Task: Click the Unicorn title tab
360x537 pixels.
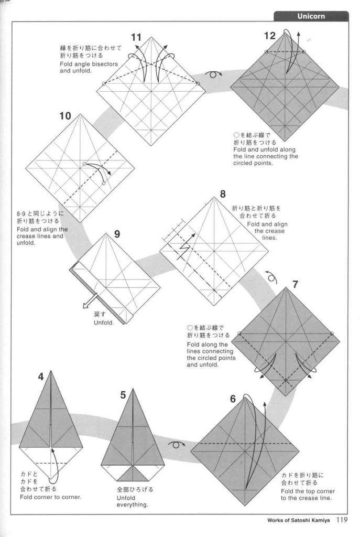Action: point(311,16)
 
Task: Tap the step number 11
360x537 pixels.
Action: point(136,37)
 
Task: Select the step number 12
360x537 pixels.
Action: point(269,36)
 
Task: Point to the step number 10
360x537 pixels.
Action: point(65,116)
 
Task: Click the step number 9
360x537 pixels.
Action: point(117,234)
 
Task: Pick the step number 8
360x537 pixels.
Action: point(223,194)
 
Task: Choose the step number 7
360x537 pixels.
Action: point(296,285)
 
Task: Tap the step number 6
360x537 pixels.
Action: point(233,399)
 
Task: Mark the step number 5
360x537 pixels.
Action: point(123,395)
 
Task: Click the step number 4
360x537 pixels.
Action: point(41,377)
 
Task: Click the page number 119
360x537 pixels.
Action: point(343,520)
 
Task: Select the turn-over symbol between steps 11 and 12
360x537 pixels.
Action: point(213,74)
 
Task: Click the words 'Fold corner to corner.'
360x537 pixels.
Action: point(51,497)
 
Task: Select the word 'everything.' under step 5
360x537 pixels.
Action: point(132,505)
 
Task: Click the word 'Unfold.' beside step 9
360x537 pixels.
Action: point(104,323)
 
